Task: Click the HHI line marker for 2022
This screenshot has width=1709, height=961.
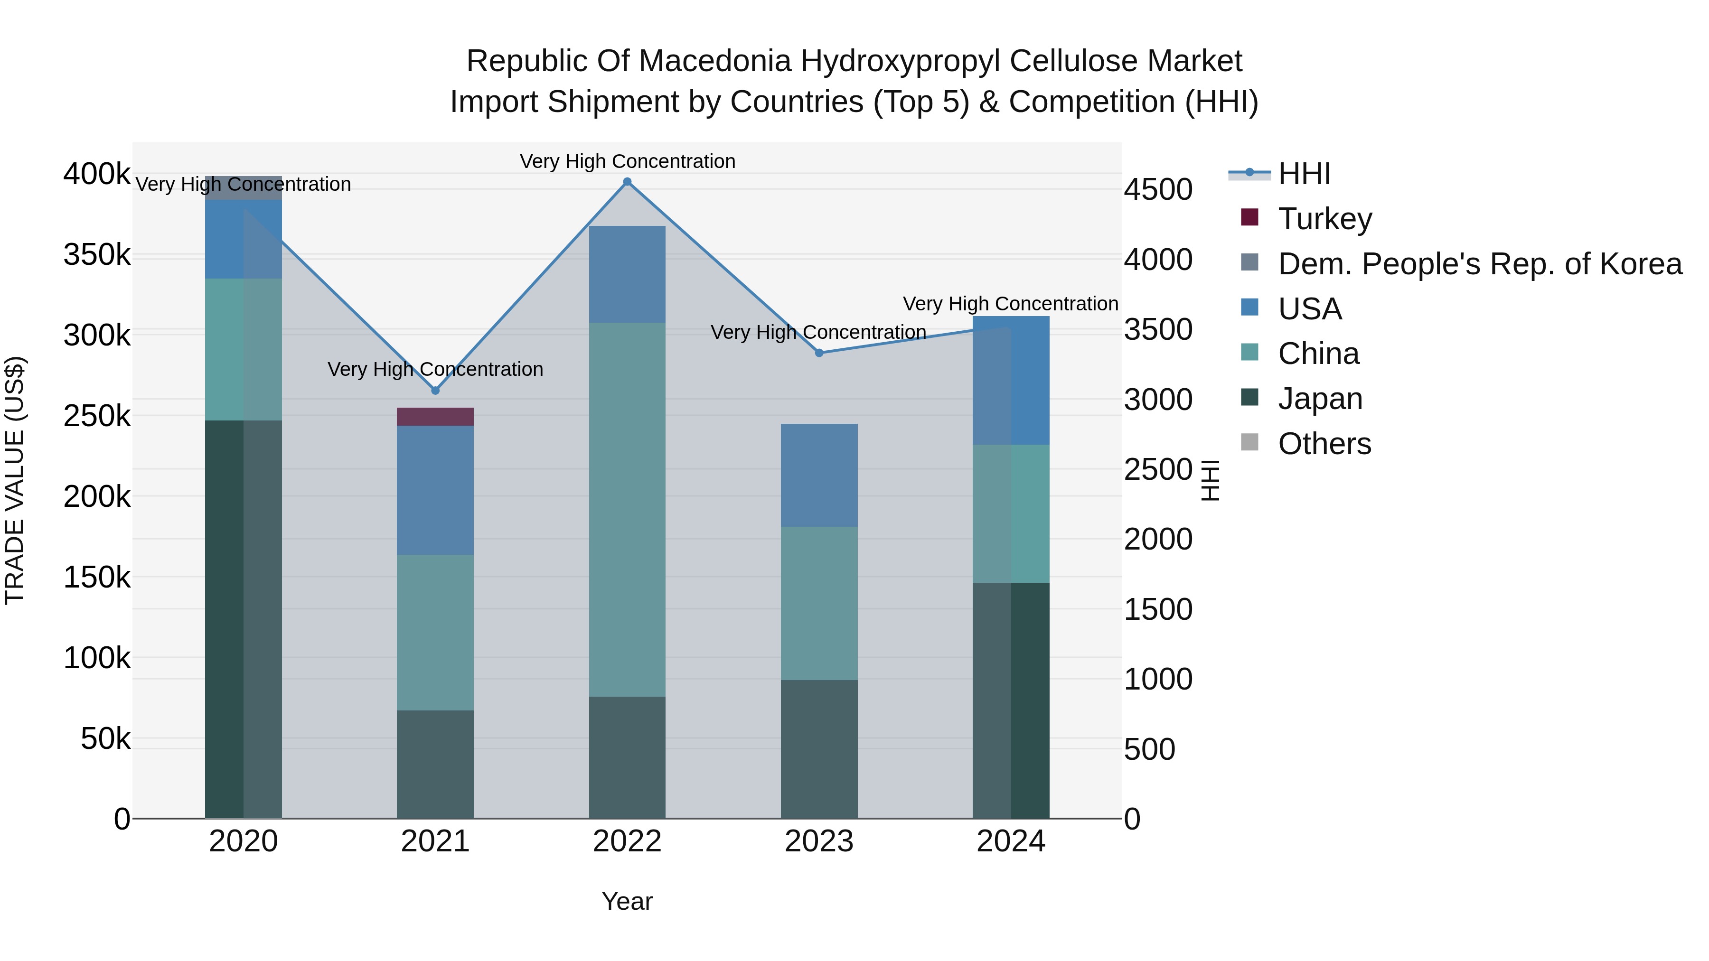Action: pyautogui.click(x=627, y=182)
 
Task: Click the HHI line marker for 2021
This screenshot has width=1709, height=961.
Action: pyautogui.click(x=435, y=391)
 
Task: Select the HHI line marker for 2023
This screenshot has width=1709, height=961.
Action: pyautogui.click(x=819, y=353)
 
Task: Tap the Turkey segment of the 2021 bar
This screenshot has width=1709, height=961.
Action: pyautogui.click(x=435, y=417)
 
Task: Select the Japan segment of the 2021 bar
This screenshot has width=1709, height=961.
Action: pyautogui.click(x=435, y=764)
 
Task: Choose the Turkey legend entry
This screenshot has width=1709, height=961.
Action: pyautogui.click(x=1324, y=219)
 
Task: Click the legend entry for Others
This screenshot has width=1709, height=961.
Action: pyautogui.click(x=1324, y=444)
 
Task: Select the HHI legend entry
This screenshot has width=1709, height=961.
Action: pyautogui.click(x=1304, y=174)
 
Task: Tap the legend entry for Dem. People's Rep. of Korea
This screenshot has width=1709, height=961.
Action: pyautogui.click(x=1479, y=264)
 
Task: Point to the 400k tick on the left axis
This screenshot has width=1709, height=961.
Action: pyautogui.click(x=97, y=175)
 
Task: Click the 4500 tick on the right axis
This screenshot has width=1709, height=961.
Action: pyautogui.click(x=1158, y=190)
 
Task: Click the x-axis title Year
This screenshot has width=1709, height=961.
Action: pyautogui.click(x=627, y=901)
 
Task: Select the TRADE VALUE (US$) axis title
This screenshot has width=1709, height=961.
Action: pyautogui.click(x=15, y=480)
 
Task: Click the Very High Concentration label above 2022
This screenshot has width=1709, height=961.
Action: pyautogui.click(x=627, y=161)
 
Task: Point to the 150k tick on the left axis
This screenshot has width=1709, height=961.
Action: pyautogui.click(x=97, y=578)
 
